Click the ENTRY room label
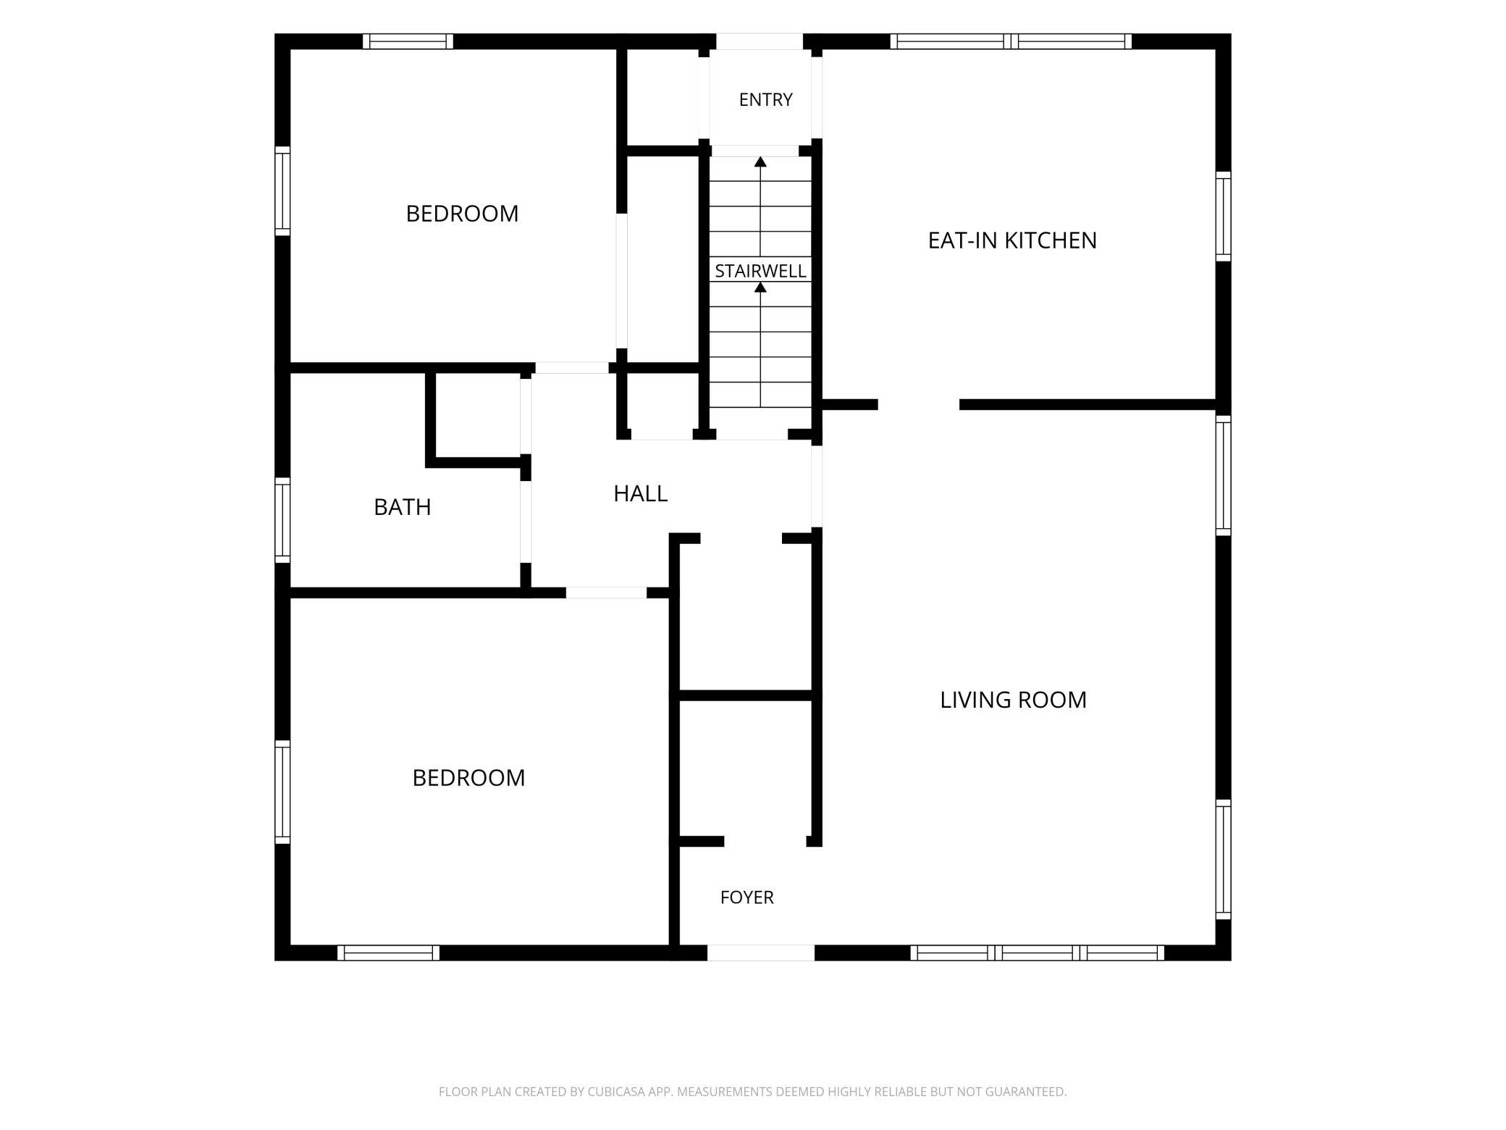click(765, 100)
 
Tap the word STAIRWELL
click(760, 271)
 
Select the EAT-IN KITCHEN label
click(1012, 240)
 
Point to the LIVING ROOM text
click(1013, 700)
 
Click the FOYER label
click(746, 897)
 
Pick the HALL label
click(640, 494)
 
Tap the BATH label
click(402, 507)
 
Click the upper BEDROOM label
click(462, 214)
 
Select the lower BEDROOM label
click(468, 778)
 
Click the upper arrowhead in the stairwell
click(760, 162)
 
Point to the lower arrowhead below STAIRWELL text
click(760, 288)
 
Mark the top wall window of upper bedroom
click(408, 41)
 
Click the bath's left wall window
click(282, 519)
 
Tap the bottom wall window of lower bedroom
click(388, 953)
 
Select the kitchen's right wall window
click(1223, 217)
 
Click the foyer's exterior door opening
click(761, 953)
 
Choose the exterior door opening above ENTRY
click(760, 41)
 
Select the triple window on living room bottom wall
click(1037, 953)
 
